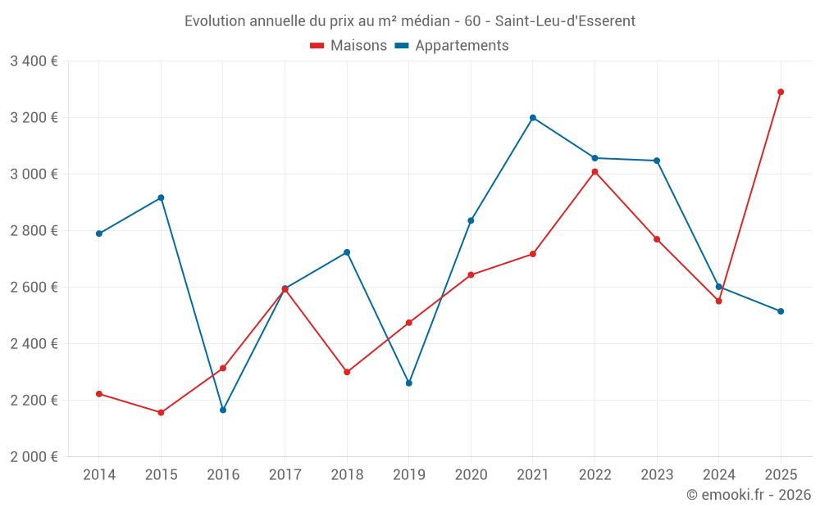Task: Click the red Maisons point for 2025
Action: click(x=781, y=92)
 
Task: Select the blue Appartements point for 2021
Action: click(x=533, y=118)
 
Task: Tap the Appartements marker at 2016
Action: click(x=223, y=410)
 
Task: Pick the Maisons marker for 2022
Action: click(x=594, y=172)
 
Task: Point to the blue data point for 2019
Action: click(x=409, y=383)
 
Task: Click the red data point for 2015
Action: click(x=161, y=413)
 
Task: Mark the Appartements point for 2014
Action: click(x=99, y=233)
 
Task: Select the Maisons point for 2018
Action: click(x=347, y=372)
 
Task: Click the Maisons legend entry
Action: click(x=348, y=46)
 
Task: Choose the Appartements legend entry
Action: click(x=452, y=46)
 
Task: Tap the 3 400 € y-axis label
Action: click(x=34, y=61)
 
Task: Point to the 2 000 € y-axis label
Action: click(x=34, y=457)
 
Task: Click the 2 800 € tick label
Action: click(x=34, y=231)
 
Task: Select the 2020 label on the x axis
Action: click(x=471, y=475)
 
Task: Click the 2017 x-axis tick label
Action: click(x=285, y=475)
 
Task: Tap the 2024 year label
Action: click(x=718, y=475)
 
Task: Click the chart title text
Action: click(x=410, y=21)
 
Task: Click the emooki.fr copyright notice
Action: click(x=749, y=495)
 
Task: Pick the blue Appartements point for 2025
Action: click(x=781, y=311)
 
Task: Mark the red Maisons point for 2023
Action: click(x=657, y=239)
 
